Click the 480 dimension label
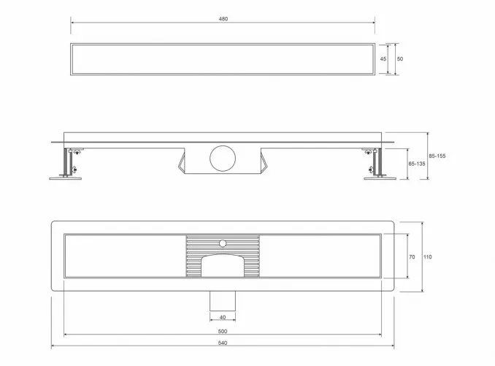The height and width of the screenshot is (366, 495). [x=223, y=19]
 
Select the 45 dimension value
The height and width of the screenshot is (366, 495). [x=383, y=58]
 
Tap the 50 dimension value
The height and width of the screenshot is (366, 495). [x=400, y=58]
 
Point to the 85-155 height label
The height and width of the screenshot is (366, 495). [x=437, y=156]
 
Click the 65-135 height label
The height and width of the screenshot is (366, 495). [x=417, y=164]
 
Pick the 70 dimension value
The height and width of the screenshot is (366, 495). [x=412, y=257]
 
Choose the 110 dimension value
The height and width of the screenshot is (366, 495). [x=427, y=257]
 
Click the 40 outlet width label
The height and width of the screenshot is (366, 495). [x=223, y=317]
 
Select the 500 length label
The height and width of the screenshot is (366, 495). [x=223, y=331]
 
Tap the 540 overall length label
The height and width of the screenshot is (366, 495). [x=223, y=343]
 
